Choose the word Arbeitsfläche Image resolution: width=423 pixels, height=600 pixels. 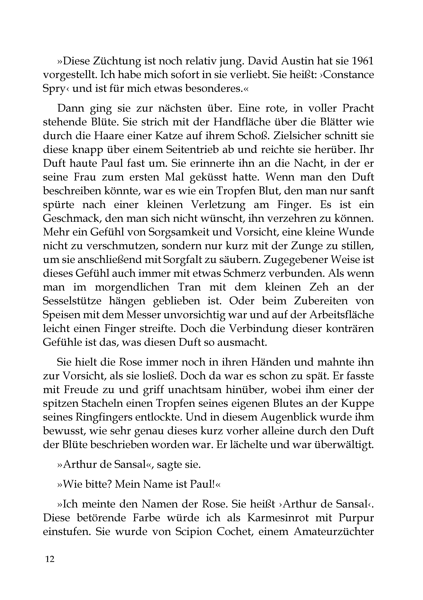(x=342, y=314)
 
